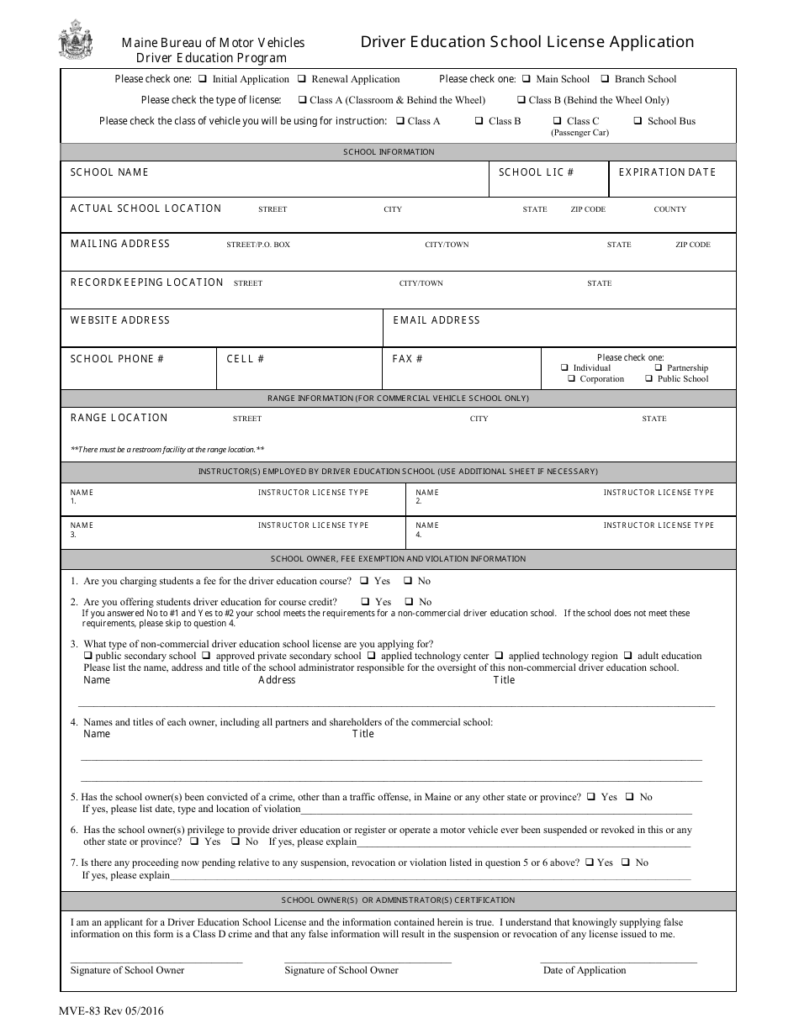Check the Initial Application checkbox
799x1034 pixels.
point(203,79)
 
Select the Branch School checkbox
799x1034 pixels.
point(605,79)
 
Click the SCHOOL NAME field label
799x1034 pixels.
point(109,172)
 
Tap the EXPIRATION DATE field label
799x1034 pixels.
point(667,172)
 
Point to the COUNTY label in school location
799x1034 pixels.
point(669,209)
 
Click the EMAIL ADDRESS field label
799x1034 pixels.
point(437,320)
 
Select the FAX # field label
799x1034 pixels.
point(407,359)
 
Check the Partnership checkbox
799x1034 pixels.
point(659,368)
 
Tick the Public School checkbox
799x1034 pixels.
point(649,379)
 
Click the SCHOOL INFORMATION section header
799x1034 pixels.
point(389,152)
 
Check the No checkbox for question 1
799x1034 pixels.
point(408,581)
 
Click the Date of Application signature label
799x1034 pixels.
point(584,970)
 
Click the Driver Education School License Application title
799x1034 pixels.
point(527,42)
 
